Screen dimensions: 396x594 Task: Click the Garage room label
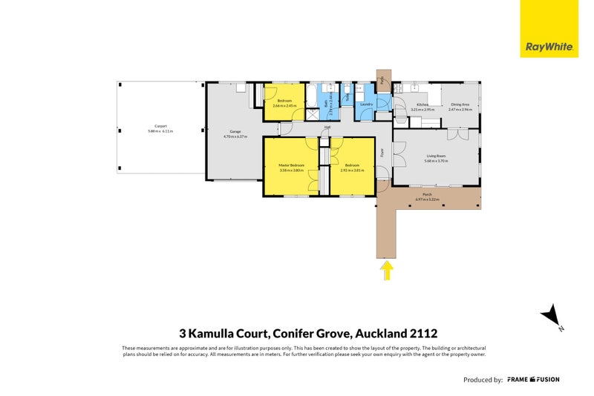coord(235,131)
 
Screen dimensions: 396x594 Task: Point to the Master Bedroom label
coord(291,165)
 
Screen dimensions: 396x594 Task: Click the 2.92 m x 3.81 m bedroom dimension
coord(351,170)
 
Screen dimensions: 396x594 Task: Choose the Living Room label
coord(436,155)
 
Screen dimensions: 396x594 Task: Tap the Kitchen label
coord(422,105)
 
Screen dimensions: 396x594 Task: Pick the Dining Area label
coord(460,105)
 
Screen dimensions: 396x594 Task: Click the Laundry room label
coord(366,105)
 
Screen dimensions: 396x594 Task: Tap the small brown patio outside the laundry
coord(383,78)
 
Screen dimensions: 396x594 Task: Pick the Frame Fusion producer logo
coord(533,379)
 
